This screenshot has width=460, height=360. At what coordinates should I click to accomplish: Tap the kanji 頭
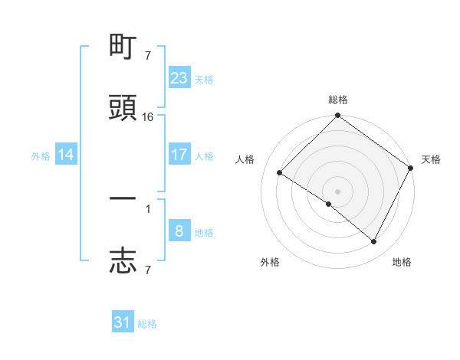tap(123, 108)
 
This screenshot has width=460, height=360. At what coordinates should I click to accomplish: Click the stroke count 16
tap(148, 117)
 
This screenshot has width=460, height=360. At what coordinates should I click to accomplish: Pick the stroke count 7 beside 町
tap(148, 56)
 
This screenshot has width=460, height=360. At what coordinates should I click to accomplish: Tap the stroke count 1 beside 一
tap(148, 208)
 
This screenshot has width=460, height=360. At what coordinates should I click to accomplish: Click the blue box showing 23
tap(179, 78)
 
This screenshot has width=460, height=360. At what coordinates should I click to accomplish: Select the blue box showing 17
tap(179, 155)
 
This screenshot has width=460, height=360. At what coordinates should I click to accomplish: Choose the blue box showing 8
tap(179, 231)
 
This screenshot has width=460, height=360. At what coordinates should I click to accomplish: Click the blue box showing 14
tap(66, 155)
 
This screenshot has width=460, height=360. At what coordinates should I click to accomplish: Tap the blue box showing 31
tap(123, 322)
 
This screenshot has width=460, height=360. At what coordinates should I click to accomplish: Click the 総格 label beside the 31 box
tap(147, 324)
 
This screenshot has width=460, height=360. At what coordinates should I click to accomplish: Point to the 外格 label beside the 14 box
tap(41, 155)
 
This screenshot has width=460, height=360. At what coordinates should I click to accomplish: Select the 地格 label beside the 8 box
tap(204, 232)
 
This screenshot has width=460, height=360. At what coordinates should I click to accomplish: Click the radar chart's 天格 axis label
tap(431, 159)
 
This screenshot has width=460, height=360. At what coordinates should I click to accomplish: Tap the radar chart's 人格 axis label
tap(245, 159)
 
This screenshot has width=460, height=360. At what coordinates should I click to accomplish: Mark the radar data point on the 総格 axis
tap(337, 116)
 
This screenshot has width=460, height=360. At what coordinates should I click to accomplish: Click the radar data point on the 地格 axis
tap(374, 242)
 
